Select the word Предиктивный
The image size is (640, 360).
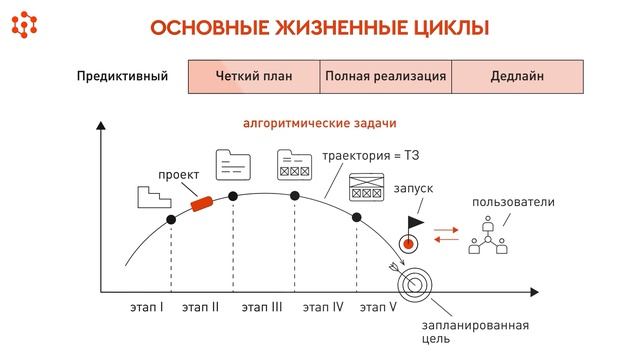coord(122,77)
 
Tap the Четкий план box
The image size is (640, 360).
coord(253,77)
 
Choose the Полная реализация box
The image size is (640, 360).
coord(385,77)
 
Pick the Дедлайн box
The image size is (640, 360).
coord(517,77)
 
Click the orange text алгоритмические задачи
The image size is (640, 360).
coord(319,124)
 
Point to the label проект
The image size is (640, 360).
coord(178,175)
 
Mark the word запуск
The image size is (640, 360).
coord(415,187)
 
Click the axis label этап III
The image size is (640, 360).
coord(262,307)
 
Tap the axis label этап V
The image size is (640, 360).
coord(378,307)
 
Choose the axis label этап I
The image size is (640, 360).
coord(147,307)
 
